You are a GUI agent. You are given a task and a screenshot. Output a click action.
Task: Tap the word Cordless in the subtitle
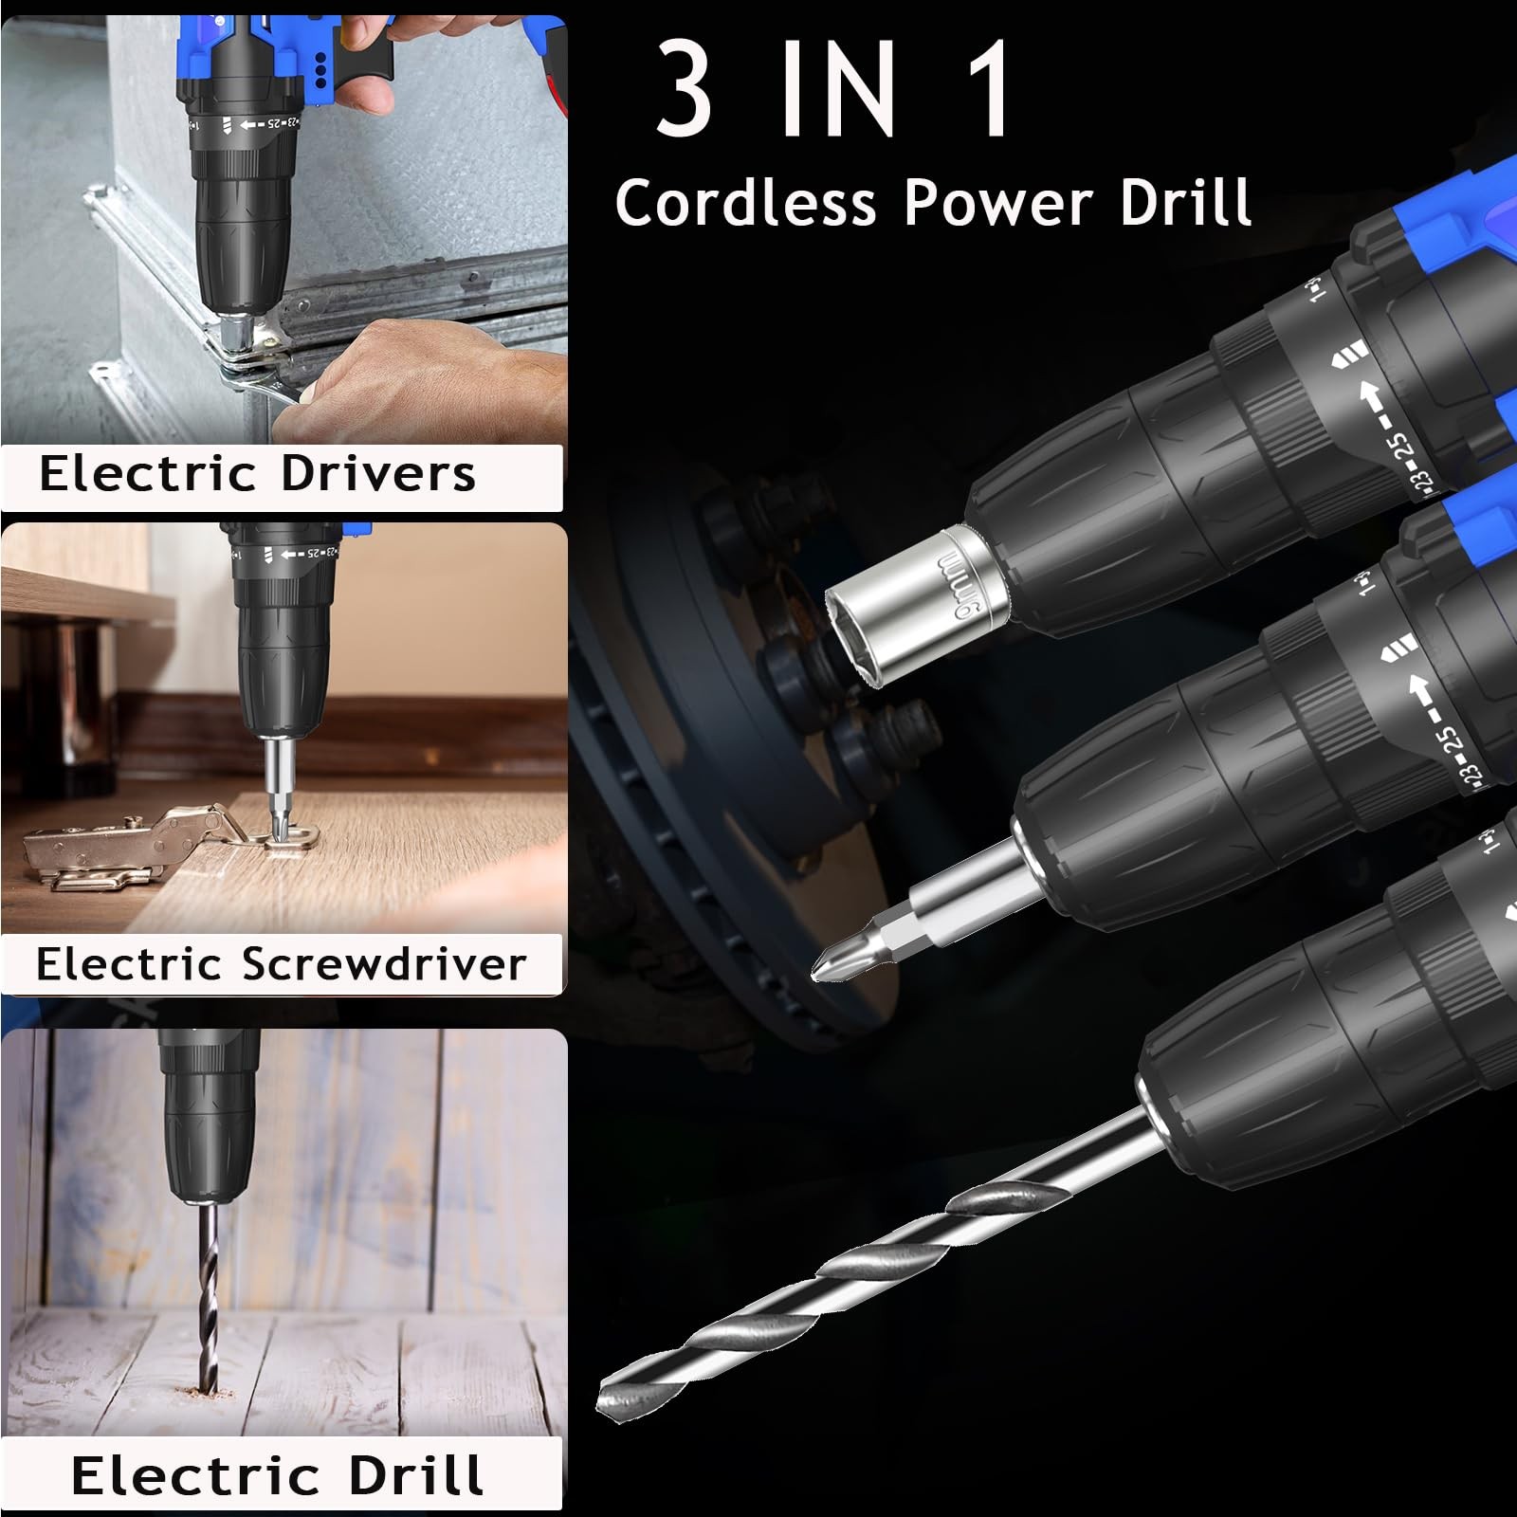(746, 202)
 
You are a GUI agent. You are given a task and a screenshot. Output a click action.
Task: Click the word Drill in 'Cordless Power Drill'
(1185, 202)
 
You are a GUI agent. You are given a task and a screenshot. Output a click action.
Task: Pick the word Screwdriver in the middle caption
(383, 964)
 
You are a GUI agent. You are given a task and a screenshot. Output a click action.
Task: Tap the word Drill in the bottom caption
(415, 1475)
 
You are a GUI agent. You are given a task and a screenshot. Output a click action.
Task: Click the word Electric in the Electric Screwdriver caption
(128, 964)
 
